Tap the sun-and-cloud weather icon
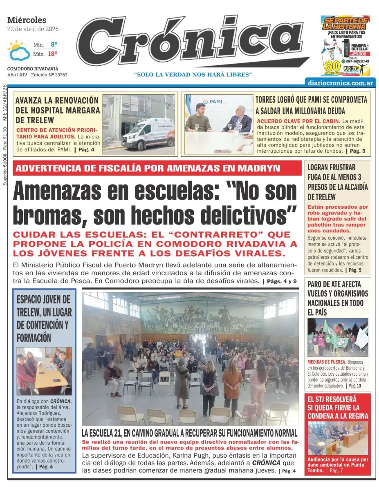coord(18,50)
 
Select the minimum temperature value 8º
coord(54,44)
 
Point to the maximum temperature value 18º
coord(52,53)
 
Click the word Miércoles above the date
coord(27,20)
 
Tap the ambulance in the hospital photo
coord(148,134)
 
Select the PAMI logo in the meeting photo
coord(213,101)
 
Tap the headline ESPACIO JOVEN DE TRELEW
coord(44,318)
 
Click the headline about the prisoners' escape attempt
coord(338,182)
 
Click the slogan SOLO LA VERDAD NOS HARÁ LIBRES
coord(193,74)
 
